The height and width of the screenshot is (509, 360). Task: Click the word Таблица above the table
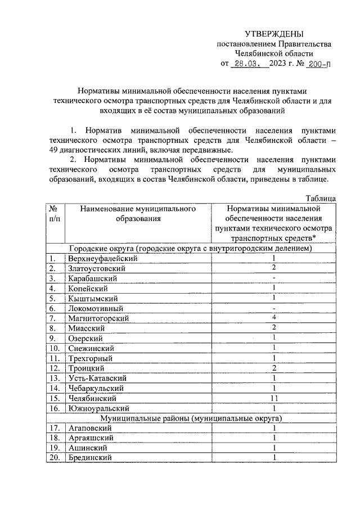(321, 198)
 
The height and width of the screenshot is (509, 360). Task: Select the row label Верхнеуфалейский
(102, 258)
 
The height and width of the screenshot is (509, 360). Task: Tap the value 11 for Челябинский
(273, 398)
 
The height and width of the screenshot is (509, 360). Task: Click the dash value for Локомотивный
(273, 308)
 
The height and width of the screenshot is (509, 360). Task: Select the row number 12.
(53, 368)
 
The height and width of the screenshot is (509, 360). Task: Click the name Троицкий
(88, 368)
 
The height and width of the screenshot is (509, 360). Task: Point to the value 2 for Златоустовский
(273, 268)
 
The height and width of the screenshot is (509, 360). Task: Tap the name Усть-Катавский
(96, 379)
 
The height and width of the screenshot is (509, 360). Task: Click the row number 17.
(53, 429)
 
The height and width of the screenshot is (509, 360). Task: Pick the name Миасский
(87, 328)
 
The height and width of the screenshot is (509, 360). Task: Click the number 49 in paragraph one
(55, 150)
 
